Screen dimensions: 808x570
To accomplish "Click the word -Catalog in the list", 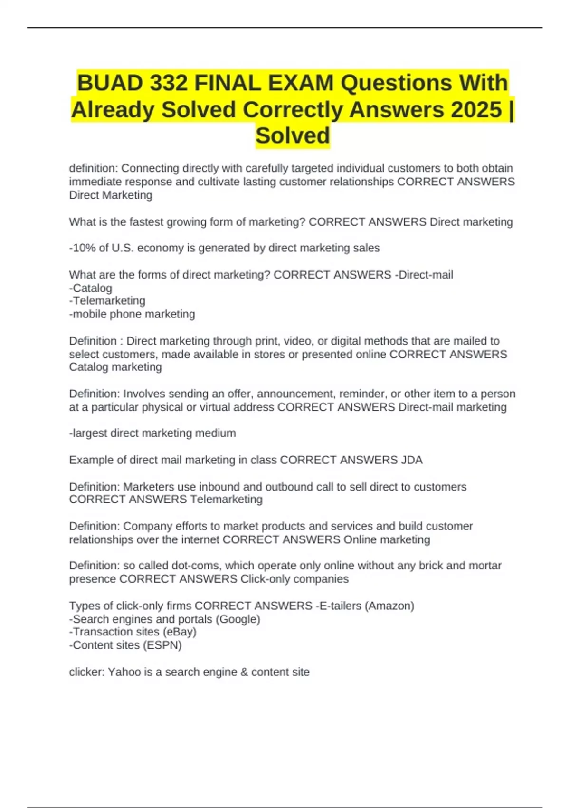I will [91, 288].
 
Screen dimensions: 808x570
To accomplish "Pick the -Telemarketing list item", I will [107, 301].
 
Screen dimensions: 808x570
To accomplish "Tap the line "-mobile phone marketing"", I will [132, 314].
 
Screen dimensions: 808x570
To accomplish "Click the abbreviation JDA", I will [412, 460].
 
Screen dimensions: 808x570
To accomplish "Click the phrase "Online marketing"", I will [387, 540].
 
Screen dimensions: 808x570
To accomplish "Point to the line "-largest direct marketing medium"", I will [152, 433].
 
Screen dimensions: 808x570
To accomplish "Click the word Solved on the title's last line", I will [293, 136].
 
